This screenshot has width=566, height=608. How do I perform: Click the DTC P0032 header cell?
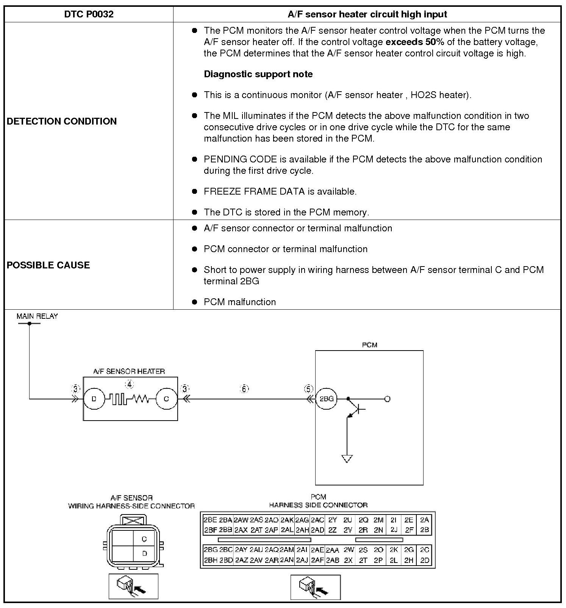coord(89,14)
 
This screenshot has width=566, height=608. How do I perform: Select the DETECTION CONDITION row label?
coord(62,121)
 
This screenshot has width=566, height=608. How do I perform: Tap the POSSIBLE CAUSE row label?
coord(48,265)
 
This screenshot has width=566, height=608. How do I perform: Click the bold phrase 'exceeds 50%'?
coord(414,42)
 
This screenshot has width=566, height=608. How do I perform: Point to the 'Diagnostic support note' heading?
coord(258,74)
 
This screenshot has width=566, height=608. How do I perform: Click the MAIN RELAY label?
coord(37,316)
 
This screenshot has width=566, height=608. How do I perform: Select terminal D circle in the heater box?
coord(94,399)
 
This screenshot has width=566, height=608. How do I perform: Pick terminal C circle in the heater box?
coord(166,399)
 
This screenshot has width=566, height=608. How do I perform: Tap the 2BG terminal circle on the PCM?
coord(326,399)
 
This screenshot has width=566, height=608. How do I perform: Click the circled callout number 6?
coord(244,389)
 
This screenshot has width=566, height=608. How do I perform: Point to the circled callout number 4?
coord(130,385)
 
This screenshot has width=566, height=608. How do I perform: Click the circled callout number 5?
coord(309,389)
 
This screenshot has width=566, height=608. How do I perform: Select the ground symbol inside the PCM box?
coord(347,459)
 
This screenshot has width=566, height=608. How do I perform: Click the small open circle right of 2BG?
coord(387,399)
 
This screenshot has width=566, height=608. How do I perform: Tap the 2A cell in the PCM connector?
coord(424,520)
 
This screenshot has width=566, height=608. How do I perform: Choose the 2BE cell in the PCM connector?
coord(210,520)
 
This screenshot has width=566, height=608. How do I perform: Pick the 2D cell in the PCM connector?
coord(425,560)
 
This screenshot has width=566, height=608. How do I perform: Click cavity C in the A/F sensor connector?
coord(144,539)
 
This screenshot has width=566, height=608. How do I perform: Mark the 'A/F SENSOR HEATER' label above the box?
coord(129,371)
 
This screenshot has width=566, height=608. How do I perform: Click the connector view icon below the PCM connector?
coord(315,587)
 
